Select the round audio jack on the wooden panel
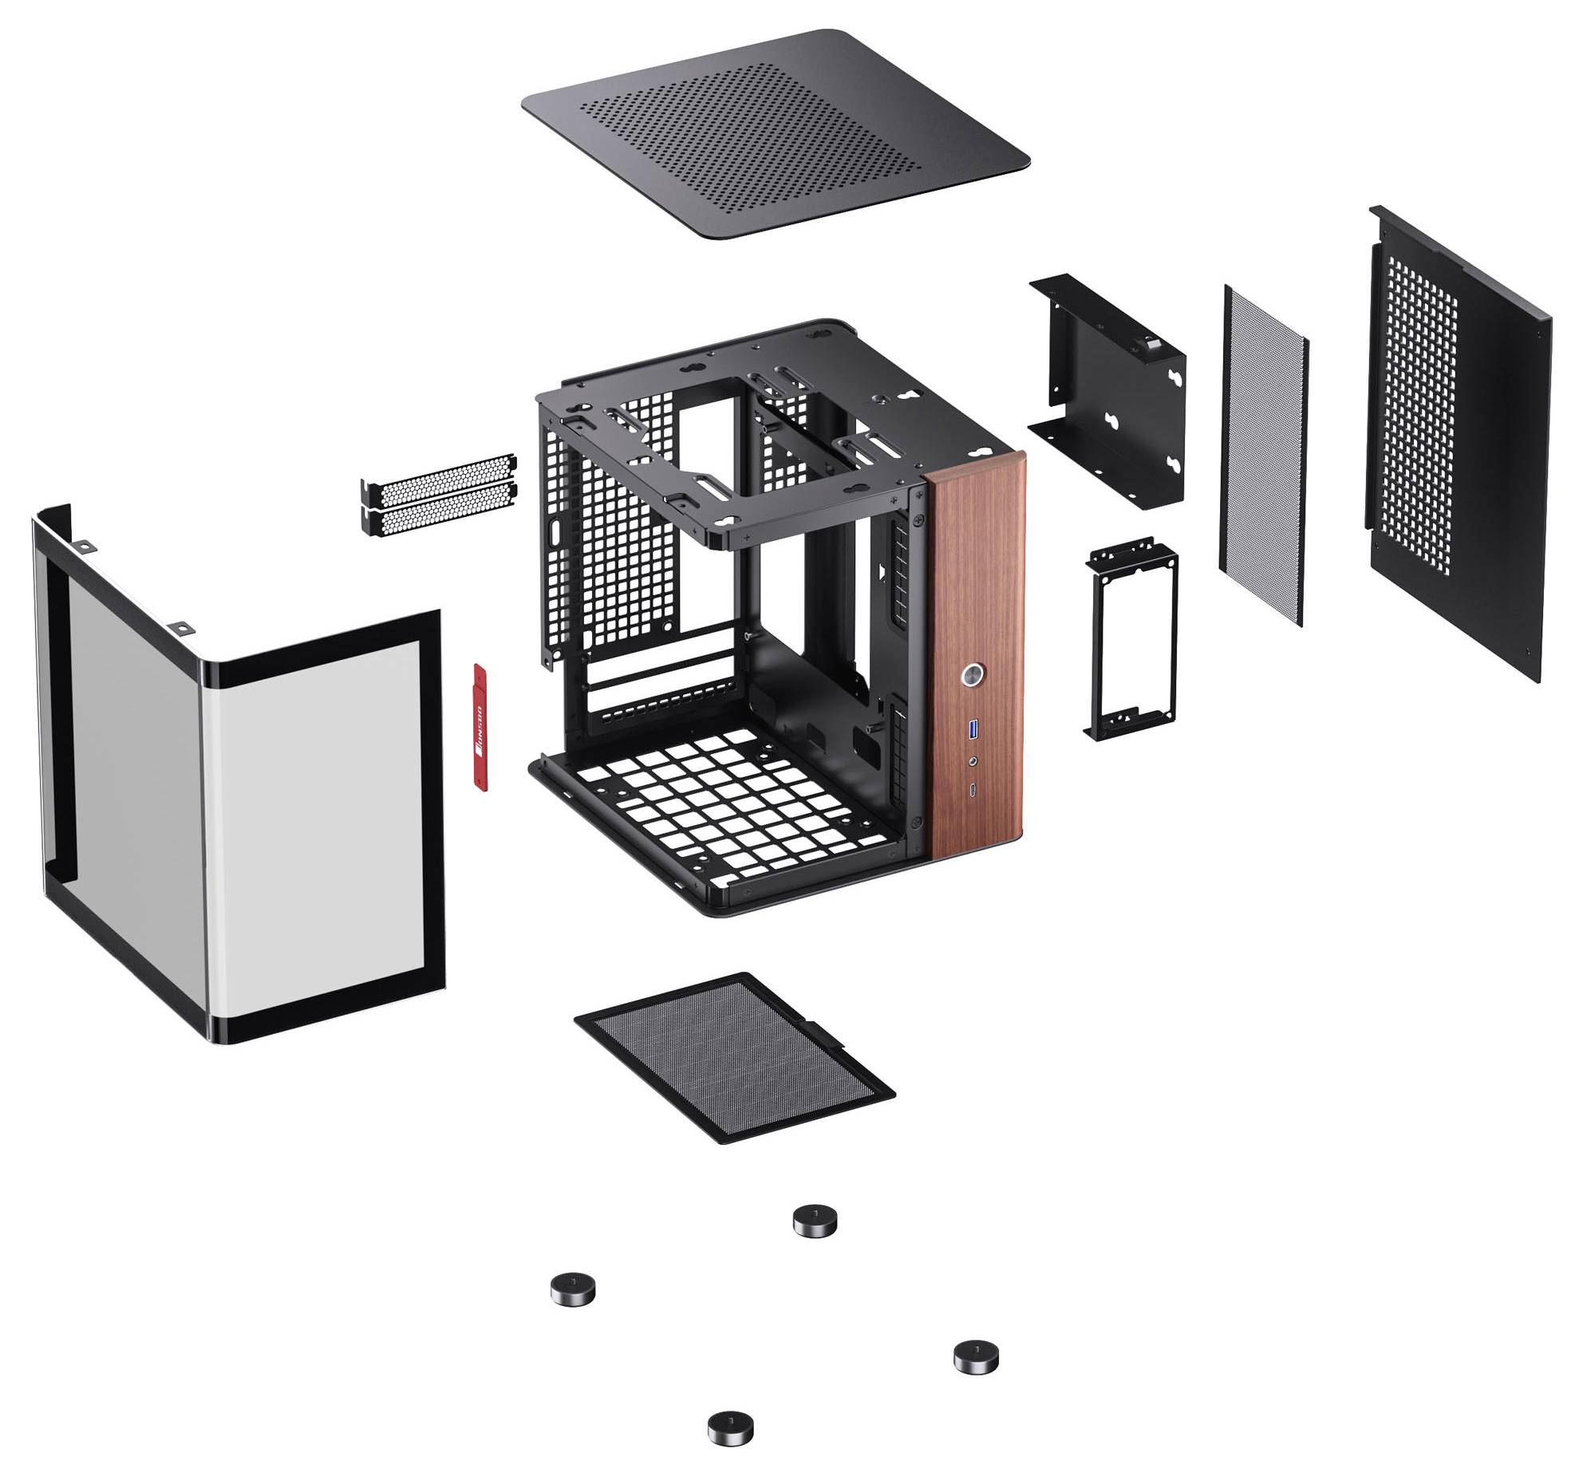(x=972, y=762)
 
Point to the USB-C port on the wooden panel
(x=972, y=791)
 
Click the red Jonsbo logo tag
(x=479, y=725)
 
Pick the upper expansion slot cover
(x=439, y=472)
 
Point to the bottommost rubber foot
(x=730, y=1427)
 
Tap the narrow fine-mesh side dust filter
(x=1263, y=455)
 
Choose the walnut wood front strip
(x=975, y=574)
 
